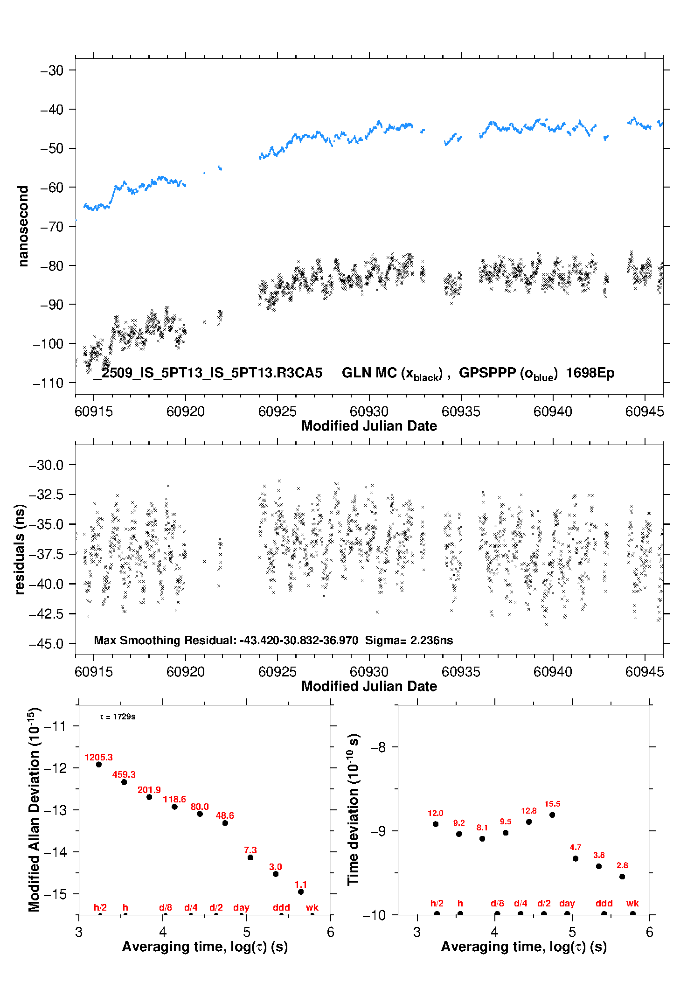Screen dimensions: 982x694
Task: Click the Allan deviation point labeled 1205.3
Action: (x=99, y=764)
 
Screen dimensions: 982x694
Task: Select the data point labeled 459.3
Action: (x=124, y=782)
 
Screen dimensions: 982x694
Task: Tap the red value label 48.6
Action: (x=225, y=815)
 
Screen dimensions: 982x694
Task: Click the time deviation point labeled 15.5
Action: (x=552, y=815)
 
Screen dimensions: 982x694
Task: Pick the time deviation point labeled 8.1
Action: (x=482, y=838)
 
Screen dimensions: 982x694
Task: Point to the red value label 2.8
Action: (x=622, y=865)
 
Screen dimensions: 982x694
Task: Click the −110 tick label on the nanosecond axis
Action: (x=48, y=383)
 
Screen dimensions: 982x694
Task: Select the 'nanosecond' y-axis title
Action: (x=23, y=226)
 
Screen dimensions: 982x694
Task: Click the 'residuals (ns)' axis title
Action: (x=20, y=549)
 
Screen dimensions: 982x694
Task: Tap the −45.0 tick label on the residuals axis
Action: (x=46, y=644)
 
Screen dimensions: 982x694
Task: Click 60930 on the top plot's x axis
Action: (x=369, y=411)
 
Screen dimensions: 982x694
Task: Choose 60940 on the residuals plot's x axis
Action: (x=553, y=672)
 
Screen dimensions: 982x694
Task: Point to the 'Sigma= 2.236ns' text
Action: (x=409, y=640)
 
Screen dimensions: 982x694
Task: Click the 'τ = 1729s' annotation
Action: (x=118, y=717)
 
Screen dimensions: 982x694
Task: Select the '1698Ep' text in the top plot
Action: (x=590, y=373)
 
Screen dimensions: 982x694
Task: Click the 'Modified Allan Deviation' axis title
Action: (x=34, y=809)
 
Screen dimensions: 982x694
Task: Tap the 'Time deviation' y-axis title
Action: (x=353, y=809)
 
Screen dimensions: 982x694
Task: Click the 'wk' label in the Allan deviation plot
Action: (x=312, y=907)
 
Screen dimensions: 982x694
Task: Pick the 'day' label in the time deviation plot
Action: (x=567, y=903)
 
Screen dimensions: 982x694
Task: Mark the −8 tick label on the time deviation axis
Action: (x=378, y=747)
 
